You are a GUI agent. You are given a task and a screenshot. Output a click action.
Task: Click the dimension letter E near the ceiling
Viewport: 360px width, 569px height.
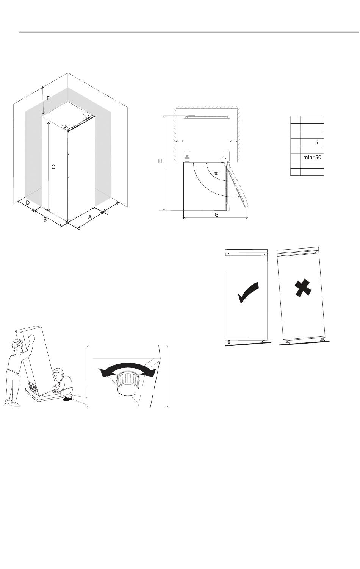(48, 98)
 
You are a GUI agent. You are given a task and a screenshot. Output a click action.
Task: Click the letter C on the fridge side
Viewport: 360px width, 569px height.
(53, 167)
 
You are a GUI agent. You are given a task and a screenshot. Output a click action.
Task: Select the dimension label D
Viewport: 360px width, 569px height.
(28, 203)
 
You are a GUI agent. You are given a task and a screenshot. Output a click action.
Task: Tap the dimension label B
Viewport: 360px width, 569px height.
(45, 219)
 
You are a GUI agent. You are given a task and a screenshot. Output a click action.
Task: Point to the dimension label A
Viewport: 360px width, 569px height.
(90, 217)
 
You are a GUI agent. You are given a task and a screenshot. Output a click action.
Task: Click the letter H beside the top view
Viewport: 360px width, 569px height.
(160, 161)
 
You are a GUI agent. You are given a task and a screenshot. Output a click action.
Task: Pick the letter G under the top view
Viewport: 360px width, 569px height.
(216, 215)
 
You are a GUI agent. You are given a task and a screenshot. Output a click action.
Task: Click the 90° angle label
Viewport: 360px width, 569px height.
(216, 173)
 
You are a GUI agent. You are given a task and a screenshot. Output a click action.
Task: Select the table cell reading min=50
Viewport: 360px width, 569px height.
(312, 157)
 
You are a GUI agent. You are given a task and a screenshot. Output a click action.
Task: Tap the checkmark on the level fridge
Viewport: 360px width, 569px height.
(248, 292)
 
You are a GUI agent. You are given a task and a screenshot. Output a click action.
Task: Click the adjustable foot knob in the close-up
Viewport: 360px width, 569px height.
(128, 383)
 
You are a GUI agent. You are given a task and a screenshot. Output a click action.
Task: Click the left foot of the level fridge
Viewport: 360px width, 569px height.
(229, 342)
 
